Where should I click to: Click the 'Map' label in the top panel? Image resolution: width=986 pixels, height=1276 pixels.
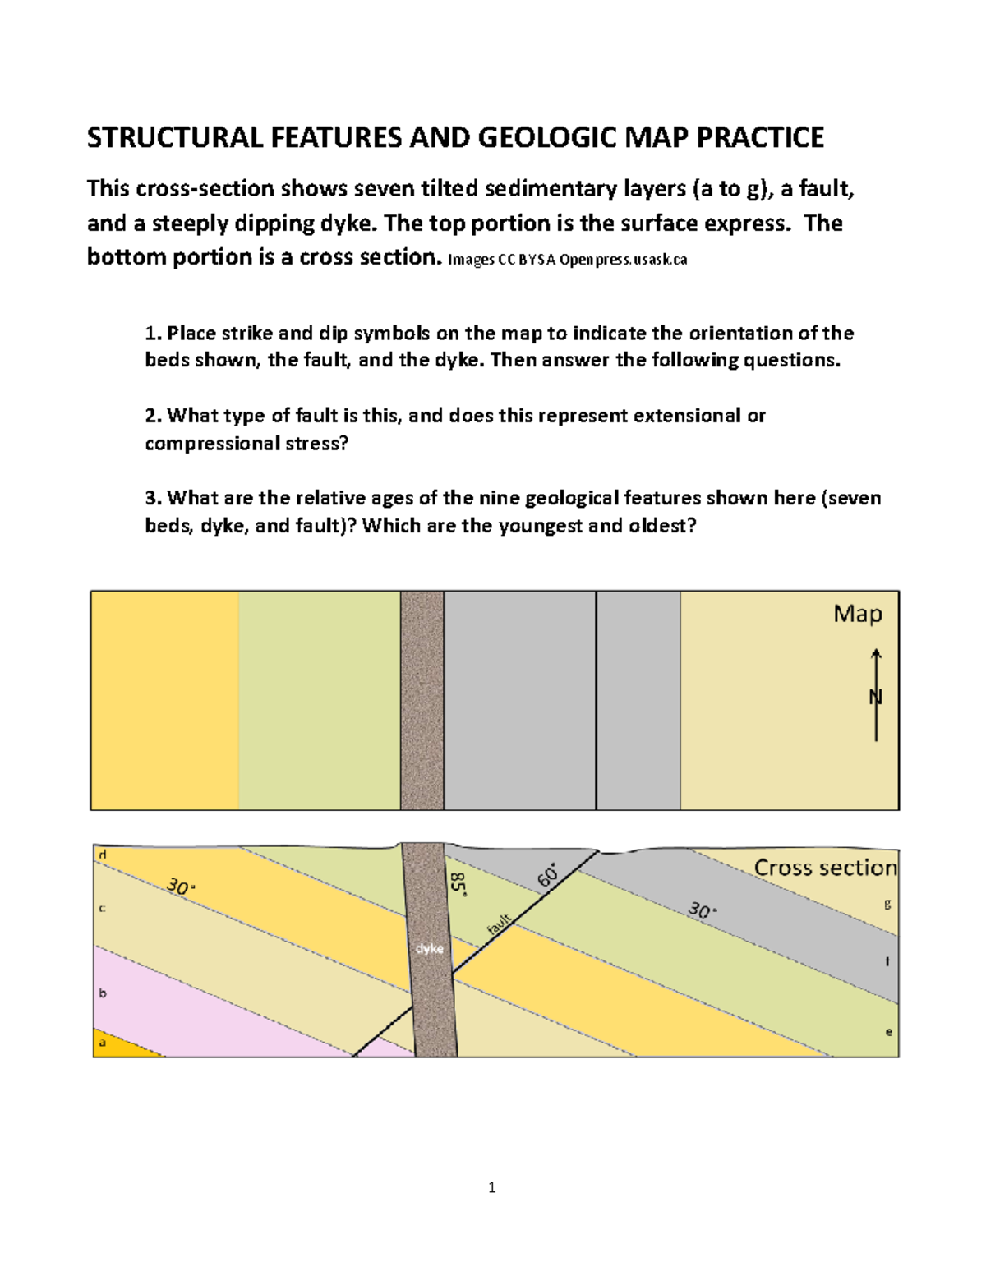coord(857,614)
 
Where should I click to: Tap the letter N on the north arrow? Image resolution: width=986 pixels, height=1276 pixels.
coord(875,698)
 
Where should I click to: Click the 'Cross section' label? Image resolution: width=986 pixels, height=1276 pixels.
coord(825,868)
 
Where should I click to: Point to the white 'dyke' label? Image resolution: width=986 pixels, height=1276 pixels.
coord(429,948)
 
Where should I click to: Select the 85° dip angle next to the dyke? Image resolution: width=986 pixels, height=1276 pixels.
coord(458,885)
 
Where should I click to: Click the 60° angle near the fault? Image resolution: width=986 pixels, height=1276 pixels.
coord(547,875)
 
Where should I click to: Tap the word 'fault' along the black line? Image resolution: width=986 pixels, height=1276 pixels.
coord(499,924)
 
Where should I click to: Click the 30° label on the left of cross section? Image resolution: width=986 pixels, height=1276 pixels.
coord(179,887)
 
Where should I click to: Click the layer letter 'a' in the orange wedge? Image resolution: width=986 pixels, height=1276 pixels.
coord(103,1043)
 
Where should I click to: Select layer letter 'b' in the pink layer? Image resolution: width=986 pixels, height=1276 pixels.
coord(103,993)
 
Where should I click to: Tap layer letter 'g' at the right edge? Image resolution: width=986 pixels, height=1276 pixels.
coord(887,904)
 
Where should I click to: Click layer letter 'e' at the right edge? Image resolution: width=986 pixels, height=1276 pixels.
coord(888,1032)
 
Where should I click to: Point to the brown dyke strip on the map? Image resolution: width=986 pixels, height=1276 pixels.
coord(422,700)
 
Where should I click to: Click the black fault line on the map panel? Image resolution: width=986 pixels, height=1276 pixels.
coord(596,700)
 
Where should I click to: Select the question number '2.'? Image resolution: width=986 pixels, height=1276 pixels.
coord(153,416)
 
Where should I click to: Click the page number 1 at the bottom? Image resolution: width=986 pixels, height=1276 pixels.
coord(491,1187)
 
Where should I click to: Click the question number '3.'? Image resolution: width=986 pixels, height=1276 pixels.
coord(153,498)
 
